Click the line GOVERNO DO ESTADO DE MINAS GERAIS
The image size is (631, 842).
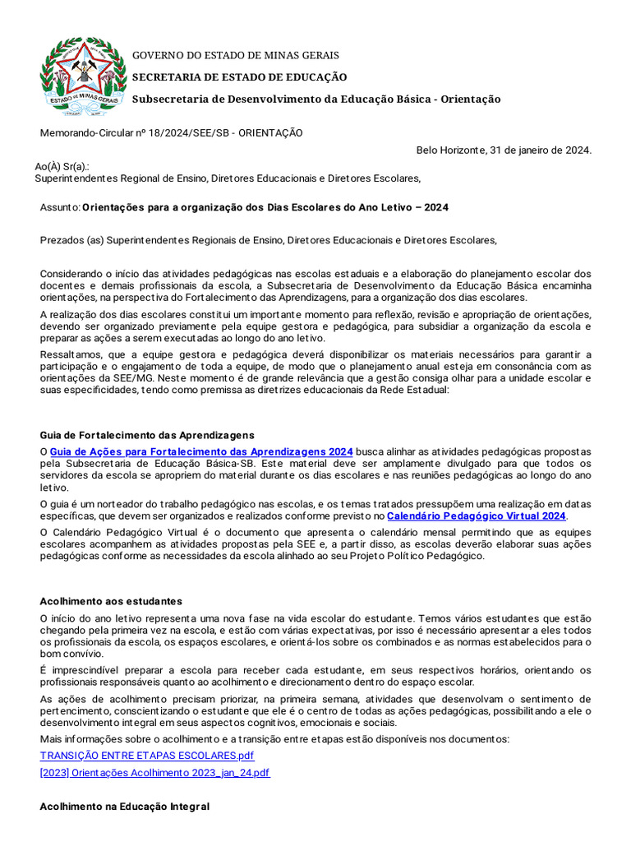[236, 55]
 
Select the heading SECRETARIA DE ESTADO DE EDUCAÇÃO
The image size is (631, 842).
[240, 76]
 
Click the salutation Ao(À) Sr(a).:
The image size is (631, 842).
[62, 166]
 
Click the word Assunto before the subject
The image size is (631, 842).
[59, 208]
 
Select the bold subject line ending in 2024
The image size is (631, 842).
[265, 208]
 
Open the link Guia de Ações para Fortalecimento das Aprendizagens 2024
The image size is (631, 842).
[201, 451]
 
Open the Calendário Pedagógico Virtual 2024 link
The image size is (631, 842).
[476, 516]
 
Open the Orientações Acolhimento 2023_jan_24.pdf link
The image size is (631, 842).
[154, 773]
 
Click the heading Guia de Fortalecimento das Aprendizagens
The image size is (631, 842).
[147, 434]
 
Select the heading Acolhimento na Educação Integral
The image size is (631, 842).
[124, 807]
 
